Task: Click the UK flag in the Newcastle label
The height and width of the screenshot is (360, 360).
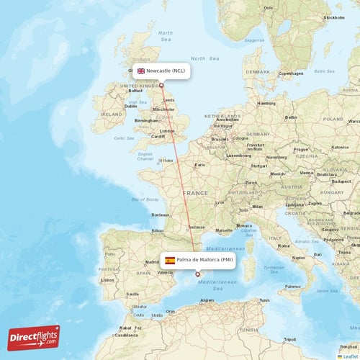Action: click(x=141, y=71)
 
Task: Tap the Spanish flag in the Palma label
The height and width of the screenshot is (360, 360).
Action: click(x=170, y=260)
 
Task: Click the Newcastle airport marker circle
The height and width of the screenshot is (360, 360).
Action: click(x=161, y=85)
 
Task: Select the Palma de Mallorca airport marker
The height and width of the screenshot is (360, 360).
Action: click(x=197, y=274)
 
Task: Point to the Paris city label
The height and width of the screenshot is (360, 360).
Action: click(x=199, y=165)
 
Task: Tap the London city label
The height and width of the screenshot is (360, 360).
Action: click(x=167, y=131)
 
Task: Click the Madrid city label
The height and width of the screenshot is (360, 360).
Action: click(x=152, y=262)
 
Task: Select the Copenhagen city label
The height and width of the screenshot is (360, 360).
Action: click(x=291, y=73)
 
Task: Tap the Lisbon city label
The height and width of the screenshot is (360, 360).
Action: click(x=108, y=280)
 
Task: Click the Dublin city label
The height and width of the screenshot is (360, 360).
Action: click(x=130, y=105)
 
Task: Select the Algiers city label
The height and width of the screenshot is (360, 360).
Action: click(x=207, y=300)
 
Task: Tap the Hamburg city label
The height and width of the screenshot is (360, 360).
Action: click(x=266, y=103)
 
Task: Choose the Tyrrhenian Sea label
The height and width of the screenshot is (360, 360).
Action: click(x=272, y=269)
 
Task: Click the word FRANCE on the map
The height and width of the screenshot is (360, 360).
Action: click(x=194, y=194)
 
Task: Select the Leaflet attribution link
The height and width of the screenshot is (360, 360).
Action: click(x=348, y=356)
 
